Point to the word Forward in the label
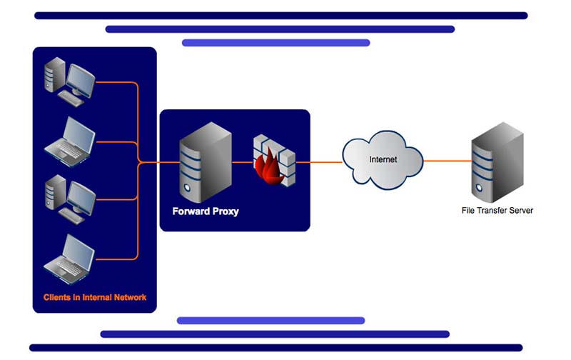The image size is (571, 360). (x=192, y=211)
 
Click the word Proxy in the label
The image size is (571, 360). (x=226, y=211)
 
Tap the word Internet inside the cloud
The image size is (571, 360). (x=383, y=159)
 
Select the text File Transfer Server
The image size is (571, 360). (x=497, y=211)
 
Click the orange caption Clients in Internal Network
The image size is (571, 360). (x=95, y=297)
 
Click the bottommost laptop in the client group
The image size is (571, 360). (x=69, y=256)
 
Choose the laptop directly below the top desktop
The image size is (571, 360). (x=69, y=137)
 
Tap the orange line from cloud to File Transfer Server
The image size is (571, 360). (x=447, y=161)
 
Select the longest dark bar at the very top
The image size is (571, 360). (x=281, y=15)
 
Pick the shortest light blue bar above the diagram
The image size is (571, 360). (x=276, y=43)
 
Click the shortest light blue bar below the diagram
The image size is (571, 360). (x=271, y=321)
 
